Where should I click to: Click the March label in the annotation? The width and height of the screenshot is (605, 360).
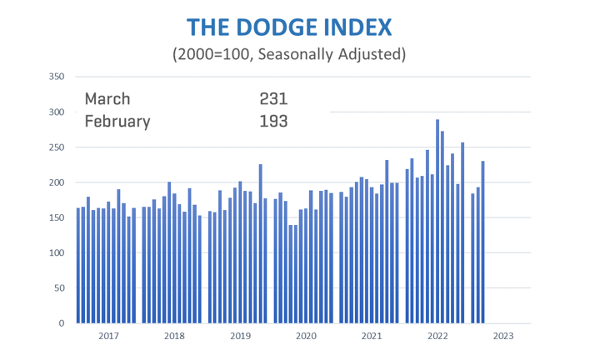click(x=107, y=98)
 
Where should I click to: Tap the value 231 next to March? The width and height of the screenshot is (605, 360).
click(x=273, y=98)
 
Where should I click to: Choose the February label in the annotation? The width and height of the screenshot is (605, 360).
click(x=117, y=121)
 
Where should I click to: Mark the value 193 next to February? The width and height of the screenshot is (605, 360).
click(x=273, y=121)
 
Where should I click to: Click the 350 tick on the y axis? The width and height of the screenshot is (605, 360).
click(x=57, y=77)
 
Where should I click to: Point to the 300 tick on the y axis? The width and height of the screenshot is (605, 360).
click(x=57, y=112)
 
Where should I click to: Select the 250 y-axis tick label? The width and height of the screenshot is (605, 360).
click(x=57, y=147)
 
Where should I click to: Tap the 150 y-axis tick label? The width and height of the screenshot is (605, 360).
click(x=57, y=217)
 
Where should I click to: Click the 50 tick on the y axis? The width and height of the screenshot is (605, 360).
click(x=59, y=288)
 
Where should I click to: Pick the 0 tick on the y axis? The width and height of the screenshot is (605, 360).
click(x=62, y=323)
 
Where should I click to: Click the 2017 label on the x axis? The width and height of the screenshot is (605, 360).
click(x=108, y=337)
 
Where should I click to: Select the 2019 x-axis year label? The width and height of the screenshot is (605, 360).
click(x=240, y=337)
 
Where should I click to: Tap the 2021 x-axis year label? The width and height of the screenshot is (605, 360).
click(x=372, y=337)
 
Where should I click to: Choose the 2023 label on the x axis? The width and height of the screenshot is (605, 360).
click(x=503, y=337)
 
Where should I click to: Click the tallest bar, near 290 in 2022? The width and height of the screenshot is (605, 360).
click(x=437, y=221)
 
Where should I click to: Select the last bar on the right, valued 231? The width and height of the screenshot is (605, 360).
click(x=483, y=242)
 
